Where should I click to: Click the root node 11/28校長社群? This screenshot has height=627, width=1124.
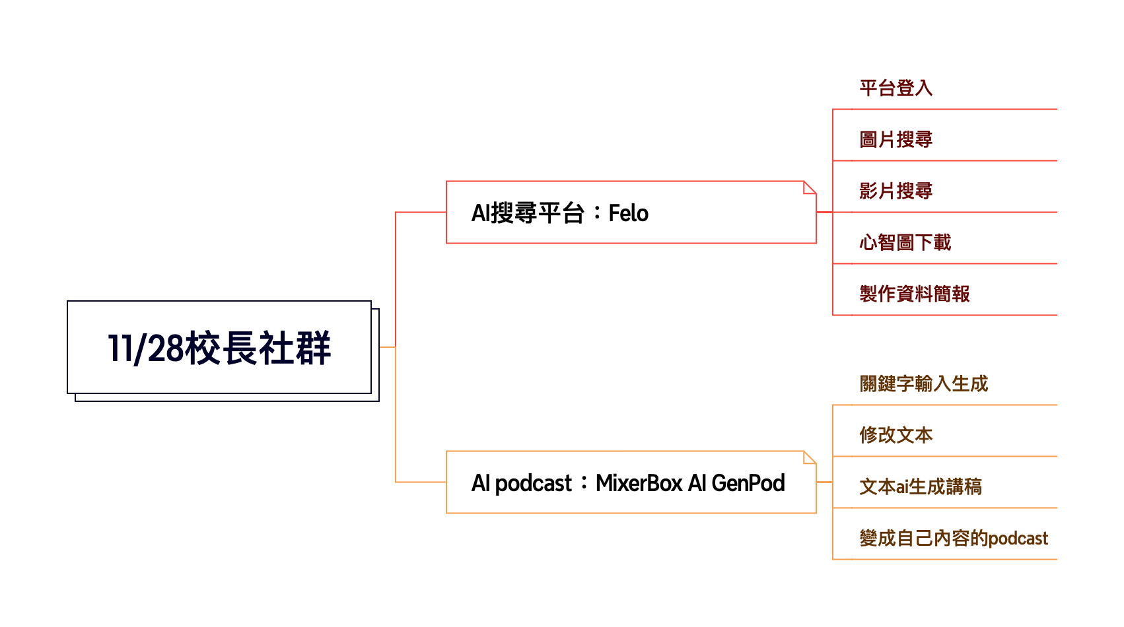pos(219,348)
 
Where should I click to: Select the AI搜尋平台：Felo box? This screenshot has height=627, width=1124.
pos(631,213)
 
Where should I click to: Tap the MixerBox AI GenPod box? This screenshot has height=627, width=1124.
pos(631,482)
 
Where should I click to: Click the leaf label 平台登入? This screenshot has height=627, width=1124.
pos(896,88)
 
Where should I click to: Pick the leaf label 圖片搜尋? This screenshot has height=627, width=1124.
pos(896,139)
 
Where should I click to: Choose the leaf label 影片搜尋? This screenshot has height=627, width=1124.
pos(896,191)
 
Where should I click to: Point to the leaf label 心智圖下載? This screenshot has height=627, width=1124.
pos(905,242)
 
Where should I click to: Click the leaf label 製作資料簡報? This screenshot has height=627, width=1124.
pos(914,294)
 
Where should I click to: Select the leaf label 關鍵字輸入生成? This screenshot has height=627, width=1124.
pos(923,383)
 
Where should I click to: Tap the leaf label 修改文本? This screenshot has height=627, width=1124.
pos(896,435)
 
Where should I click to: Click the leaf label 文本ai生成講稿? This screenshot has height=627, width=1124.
pos(920,486)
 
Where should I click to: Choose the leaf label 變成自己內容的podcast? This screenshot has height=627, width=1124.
pos(953,538)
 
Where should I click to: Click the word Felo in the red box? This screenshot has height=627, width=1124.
pos(628,213)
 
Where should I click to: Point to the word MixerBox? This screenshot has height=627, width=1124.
pos(639,483)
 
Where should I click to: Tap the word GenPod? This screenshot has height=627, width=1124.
pos(748,483)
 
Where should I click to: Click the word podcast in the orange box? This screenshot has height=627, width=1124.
pos(533,484)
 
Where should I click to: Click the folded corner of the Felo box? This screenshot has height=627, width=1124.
pos(810,187)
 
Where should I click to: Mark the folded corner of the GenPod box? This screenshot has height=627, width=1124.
pos(810,457)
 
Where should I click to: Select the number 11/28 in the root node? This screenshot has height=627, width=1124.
pos(145,348)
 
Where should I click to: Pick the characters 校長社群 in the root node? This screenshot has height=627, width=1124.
pos(258,348)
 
